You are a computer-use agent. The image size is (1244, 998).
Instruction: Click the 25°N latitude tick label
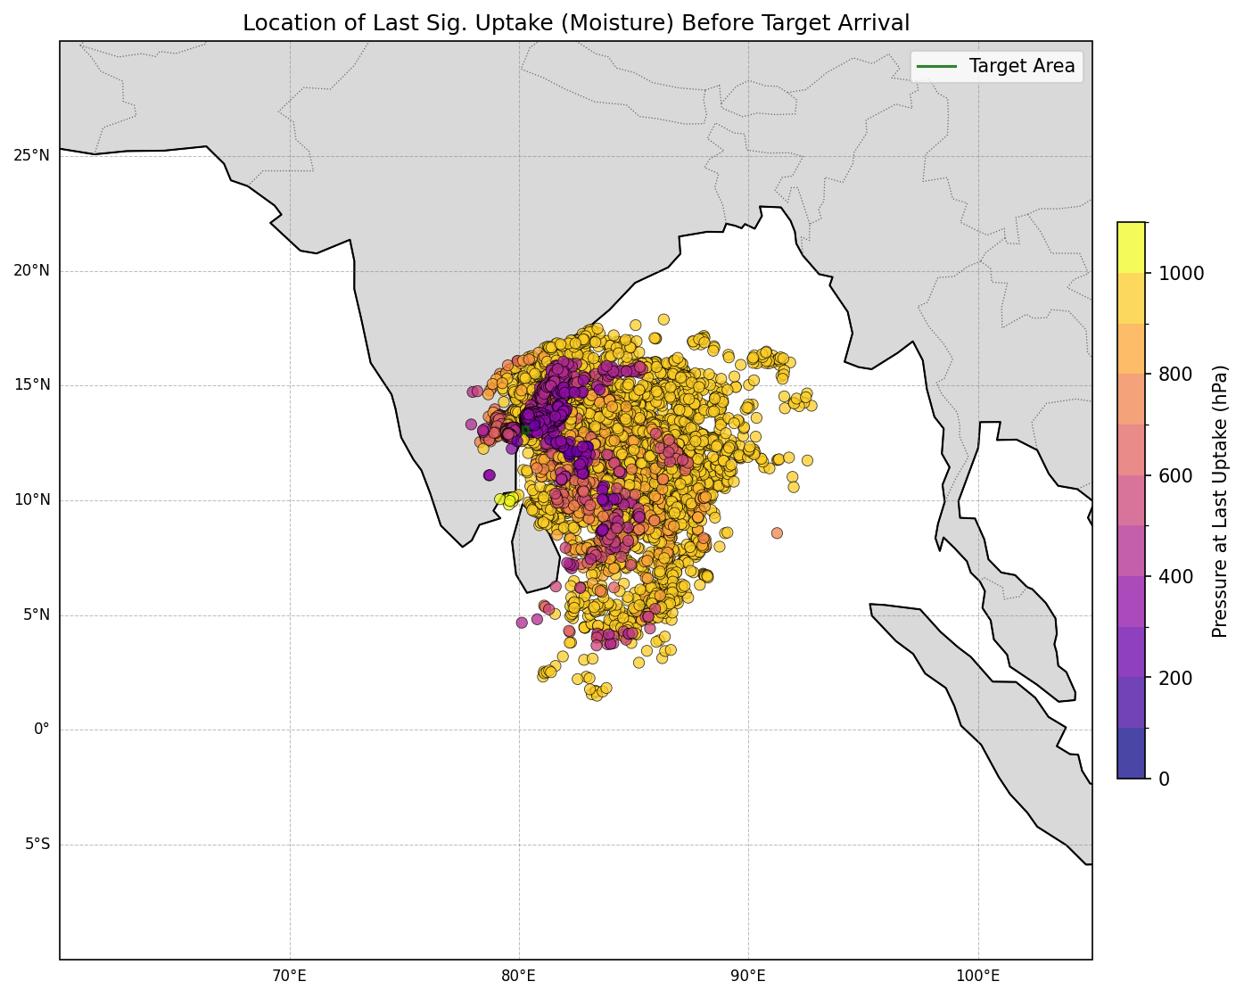click(31, 156)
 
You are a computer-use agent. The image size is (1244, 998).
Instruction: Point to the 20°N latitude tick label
click(31, 271)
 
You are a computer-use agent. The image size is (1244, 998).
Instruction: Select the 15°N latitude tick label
click(31, 385)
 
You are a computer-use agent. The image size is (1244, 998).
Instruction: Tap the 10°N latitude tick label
click(31, 500)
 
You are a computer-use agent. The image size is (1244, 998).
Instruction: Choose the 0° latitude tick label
click(42, 730)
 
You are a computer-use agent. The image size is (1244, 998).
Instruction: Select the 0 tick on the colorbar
click(1165, 779)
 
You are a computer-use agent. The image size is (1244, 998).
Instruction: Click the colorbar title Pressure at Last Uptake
click(1221, 500)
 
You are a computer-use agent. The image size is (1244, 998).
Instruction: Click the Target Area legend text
click(1022, 66)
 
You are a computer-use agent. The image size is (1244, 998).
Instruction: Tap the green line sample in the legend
click(937, 66)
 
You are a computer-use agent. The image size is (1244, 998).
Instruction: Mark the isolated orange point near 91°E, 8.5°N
click(777, 533)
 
